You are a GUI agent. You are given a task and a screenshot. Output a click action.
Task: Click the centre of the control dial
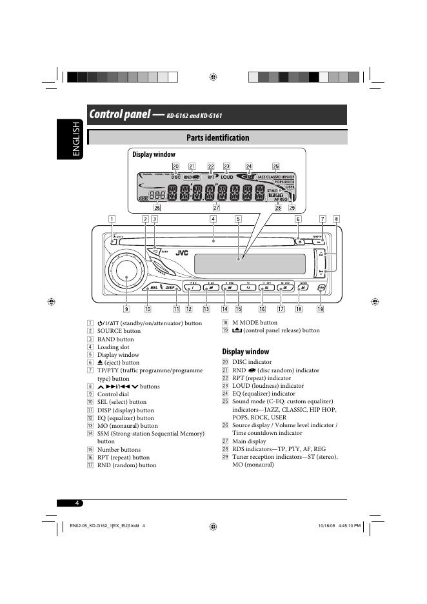click(126, 276)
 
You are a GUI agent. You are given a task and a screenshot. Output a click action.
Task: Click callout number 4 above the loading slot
click(213, 219)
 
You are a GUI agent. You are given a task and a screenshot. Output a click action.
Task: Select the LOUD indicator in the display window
click(227, 176)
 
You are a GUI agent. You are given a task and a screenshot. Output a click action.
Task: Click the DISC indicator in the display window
click(176, 176)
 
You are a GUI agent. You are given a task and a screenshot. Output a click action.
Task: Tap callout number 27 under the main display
click(216, 208)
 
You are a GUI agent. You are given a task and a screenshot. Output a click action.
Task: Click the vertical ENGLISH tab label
click(76, 140)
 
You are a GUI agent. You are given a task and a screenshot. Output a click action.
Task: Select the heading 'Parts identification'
click(217, 137)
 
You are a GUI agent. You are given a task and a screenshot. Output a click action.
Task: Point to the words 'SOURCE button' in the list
click(119, 331)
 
